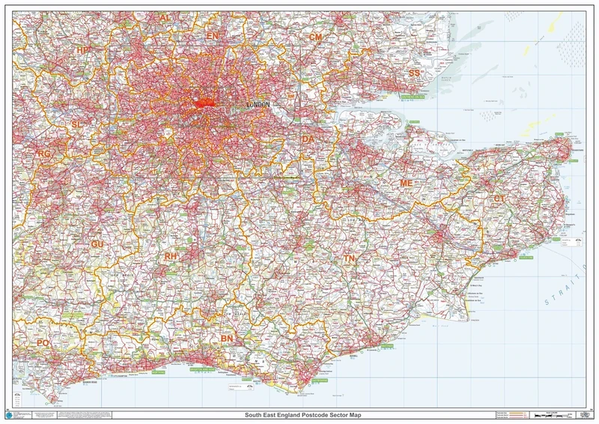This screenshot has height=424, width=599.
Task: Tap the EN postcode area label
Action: tap(212, 35)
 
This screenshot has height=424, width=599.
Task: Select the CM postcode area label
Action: tap(315, 37)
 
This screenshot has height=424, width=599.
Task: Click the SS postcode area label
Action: tap(414, 73)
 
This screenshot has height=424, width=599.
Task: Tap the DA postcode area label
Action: tap(308, 139)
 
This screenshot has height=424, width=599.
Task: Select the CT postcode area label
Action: tap(499, 199)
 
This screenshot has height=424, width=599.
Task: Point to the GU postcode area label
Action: tap(97, 244)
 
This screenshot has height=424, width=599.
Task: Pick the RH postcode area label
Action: tap(171, 256)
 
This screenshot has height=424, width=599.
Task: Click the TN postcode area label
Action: tap(349, 258)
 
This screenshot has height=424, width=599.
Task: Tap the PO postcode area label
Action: tap(43, 343)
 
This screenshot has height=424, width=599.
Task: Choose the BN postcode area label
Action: tap(227, 339)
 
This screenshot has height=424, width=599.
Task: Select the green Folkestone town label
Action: tap(526, 258)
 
